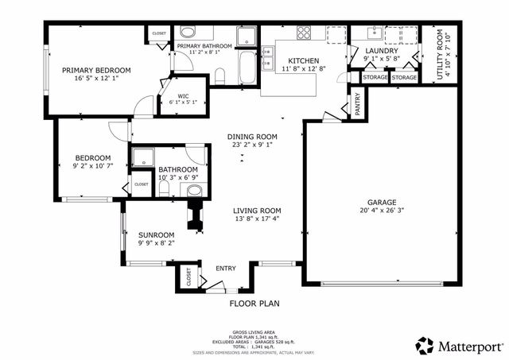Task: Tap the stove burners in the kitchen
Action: pos(304,33)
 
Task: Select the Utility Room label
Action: pos(439,53)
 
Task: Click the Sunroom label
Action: pos(156,235)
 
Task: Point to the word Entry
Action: pos(226,268)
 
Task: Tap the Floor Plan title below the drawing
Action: pos(254,303)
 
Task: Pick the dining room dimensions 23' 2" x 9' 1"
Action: pos(252,145)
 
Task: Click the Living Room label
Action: pos(257,211)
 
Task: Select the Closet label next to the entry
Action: pos(188,277)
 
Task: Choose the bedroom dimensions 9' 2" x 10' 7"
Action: pos(92,166)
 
